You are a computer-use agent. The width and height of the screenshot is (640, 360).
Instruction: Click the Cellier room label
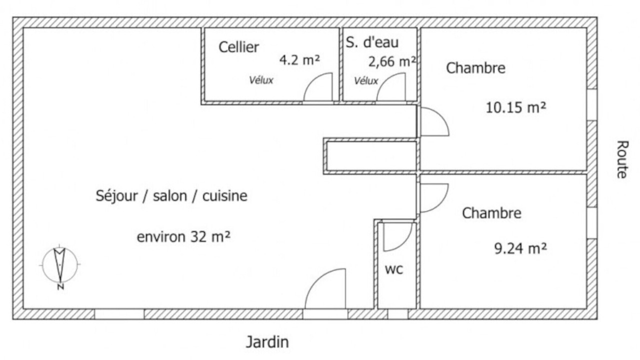[x=239, y=47]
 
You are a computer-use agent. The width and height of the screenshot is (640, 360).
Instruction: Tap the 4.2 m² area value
[x=299, y=60]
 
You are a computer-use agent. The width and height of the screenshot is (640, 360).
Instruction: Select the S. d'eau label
[x=372, y=42]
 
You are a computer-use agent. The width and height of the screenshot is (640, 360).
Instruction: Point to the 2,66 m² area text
[x=392, y=61]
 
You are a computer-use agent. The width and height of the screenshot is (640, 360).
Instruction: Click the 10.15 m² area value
[x=515, y=107]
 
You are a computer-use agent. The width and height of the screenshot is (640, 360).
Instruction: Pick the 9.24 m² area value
[x=520, y=248]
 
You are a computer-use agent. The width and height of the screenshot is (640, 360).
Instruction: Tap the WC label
[x=394, y=269]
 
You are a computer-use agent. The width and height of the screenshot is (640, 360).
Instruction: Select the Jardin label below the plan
[x=267, y=342]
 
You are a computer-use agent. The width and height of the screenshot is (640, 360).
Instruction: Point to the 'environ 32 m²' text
[x=183, y=237]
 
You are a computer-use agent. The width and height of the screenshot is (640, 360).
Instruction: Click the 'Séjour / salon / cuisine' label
[x=171, y=196]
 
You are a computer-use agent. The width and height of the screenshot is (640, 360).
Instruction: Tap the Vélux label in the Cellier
[x=261, y=80]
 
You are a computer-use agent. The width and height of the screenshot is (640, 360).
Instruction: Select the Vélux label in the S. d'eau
[x=366, y=81]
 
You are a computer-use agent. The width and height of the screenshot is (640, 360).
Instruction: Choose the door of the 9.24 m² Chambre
[x=440, y=203]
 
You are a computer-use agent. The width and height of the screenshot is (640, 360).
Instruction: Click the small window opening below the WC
[x=397, y=314]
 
